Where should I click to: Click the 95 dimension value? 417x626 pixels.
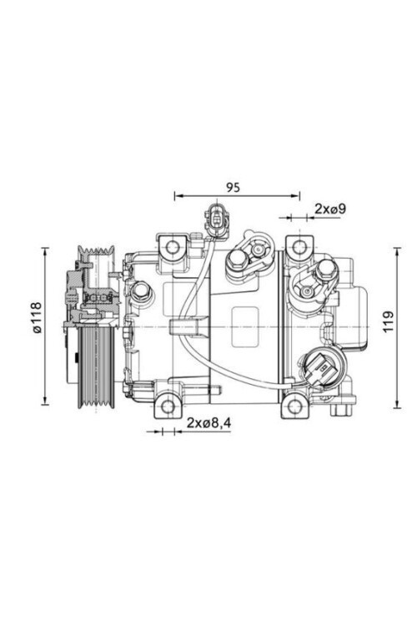pos(234,187)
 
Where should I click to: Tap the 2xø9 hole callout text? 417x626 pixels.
pos(330,208)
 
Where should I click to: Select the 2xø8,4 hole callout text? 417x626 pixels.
pos(209,423)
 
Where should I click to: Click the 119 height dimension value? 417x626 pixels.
pos(389,321)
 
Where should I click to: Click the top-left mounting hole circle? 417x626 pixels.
pos(173,248)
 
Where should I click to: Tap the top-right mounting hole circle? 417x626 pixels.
pos(298,248)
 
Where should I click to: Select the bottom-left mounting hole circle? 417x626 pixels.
pos(168,406)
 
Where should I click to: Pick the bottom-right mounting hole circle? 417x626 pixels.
pos(295,406)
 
